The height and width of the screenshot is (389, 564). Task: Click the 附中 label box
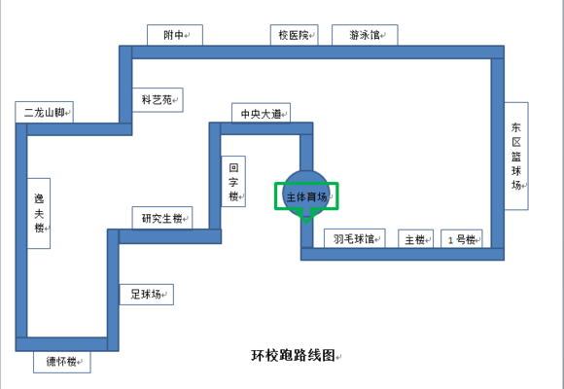[175, 35]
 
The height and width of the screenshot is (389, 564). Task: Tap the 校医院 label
[295, 35]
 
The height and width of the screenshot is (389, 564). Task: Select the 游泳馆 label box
[365, 35]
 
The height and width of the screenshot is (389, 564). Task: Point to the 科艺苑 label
[158, 99]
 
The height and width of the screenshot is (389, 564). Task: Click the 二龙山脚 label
[44, 112]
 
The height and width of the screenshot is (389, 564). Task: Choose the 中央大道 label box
[262, 114]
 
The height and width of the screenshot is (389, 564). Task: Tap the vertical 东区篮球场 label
[516, 156]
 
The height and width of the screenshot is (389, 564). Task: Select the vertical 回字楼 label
[233, 181]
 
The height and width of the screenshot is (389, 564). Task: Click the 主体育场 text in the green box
[307, 196]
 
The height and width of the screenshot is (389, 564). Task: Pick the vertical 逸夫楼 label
[39, 213]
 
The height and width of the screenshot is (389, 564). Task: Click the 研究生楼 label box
[162, 218]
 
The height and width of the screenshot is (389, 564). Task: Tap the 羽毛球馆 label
[355, 238]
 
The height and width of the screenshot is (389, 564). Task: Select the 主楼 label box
[415, 239]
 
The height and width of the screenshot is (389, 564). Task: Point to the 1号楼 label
[462, 239]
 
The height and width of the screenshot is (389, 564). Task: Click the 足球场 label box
[147, 295]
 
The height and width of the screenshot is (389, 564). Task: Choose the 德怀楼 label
[62, 362]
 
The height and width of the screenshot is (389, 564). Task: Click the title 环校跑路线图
[293, 355]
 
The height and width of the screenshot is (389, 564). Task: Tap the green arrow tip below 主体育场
[306, 222]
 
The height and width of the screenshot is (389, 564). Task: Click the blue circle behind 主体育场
[306, 176]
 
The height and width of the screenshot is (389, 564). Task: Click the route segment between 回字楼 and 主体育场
[261, 128]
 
